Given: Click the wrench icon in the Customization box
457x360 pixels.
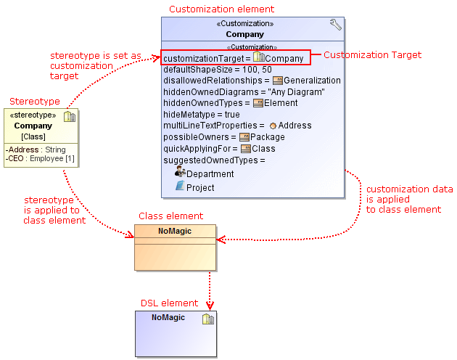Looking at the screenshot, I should pos(335,25).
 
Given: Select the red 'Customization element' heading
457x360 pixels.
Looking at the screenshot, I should pos(221,9).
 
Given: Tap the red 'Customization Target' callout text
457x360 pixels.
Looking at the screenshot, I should pos(371,55).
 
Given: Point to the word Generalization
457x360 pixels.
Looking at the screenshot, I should pos(312,81).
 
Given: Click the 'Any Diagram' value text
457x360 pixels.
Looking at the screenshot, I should pos(296,92).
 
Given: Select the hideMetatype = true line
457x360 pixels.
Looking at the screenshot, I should pos(202,115).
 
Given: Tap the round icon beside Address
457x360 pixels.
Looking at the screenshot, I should pos(273,126).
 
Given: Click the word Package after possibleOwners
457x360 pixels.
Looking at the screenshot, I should pos(267,137).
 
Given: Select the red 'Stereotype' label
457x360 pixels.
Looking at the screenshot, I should pos(34,101).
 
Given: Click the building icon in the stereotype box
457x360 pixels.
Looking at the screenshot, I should pos(70,117).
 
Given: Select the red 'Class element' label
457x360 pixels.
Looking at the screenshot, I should pos(170,216).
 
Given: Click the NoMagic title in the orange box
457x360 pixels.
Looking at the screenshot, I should pos(176,231).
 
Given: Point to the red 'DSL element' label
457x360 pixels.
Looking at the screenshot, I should pos(169,303).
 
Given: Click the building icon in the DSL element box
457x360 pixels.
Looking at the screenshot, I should pos(207,319).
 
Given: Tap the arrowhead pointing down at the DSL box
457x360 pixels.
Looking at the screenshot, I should pos(210,305).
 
